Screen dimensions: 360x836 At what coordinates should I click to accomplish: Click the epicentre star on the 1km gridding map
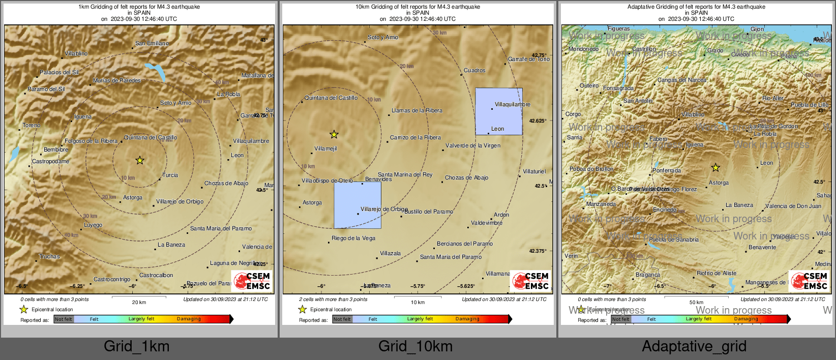(x=140, y=160)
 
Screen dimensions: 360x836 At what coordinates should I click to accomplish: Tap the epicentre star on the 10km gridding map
(x=334, y=134)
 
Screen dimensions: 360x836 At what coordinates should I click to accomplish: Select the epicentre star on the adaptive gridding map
(x=715, y=167)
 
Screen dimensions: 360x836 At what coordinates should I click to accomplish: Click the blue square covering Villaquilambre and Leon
(x=499, y=111)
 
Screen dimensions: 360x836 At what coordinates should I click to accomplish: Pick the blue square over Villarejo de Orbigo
(x=357, y=205)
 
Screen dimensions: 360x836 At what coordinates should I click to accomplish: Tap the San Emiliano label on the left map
(x=152, y=43)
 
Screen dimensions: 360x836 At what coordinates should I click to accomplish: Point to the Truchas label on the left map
(x=49, y=256)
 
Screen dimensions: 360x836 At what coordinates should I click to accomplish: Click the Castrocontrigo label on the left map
(x=112, y=279)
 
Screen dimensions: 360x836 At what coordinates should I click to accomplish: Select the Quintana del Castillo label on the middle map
(x=331, y=98)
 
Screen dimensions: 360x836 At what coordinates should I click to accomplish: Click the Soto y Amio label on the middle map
(x=383, y=37)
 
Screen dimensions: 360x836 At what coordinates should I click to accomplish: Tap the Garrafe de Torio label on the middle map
(x=529, y=59)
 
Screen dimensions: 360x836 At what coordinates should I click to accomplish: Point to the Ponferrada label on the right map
(x=667, y=170)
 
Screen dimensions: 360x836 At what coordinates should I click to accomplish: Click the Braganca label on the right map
(x=648, y=275)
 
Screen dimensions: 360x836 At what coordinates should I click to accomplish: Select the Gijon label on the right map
(x=757, y=29)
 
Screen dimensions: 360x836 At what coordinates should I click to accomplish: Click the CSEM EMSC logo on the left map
(x=252, y=281)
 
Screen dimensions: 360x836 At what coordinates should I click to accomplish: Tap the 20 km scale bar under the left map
(x=139, y=296)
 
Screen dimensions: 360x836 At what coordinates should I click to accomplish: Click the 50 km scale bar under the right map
(x=696, y=296)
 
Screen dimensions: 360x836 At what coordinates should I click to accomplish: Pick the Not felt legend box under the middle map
(x=342, y=319)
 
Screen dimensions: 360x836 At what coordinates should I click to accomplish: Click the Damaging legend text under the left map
(x=189, y=319)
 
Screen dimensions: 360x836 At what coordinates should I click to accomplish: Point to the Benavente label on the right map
(x=762, y=247)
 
